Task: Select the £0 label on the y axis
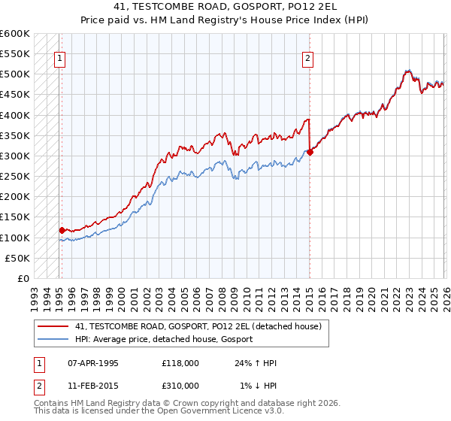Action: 23,278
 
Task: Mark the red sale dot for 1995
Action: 62,230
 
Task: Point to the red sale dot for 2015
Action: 310,152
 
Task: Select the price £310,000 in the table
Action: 180,385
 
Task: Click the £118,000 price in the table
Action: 180,364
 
